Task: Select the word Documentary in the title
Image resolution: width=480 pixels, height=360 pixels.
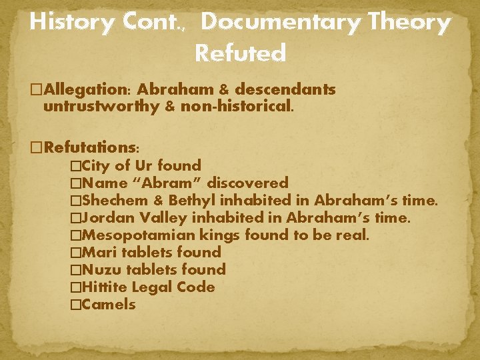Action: [x=279, y=23]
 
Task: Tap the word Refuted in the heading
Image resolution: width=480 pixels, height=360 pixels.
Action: [x=241, y=53]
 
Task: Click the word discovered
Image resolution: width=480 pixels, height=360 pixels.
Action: [x=248, y=183]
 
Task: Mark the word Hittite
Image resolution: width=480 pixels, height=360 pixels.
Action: [x=107, y=287]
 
